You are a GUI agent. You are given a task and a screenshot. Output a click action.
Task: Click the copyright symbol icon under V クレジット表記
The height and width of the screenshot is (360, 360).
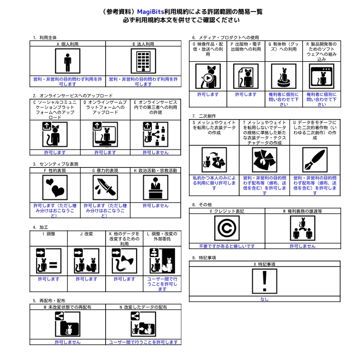227,228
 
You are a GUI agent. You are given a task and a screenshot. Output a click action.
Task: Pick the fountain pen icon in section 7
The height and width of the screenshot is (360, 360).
315,160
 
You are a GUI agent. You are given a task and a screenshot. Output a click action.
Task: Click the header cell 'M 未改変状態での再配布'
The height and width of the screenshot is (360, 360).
67,306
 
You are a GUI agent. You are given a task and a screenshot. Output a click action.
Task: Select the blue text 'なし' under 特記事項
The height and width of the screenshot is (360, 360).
265,299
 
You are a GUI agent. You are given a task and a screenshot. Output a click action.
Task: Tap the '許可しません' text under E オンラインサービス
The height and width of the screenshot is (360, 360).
156,152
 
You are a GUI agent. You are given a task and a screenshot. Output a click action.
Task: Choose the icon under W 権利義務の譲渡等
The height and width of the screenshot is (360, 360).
303,228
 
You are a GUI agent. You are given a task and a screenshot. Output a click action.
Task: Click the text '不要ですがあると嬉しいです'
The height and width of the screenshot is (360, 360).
227,246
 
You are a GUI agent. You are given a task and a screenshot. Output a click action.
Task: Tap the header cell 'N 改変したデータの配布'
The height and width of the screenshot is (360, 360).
143,306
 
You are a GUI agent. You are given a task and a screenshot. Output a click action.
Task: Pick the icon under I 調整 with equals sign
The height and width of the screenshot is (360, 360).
48,261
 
